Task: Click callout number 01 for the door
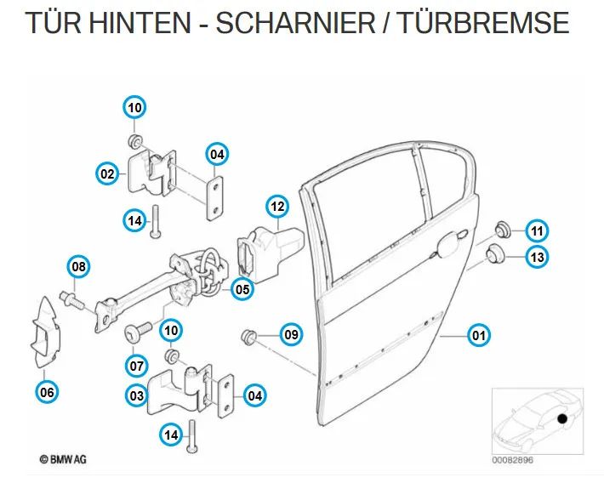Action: coord(480,335)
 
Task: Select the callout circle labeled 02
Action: coord(107,174)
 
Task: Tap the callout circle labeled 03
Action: coord(135,395)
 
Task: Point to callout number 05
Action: coord(242,289)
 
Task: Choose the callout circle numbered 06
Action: coord(48,392)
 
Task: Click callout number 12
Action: coord(277,206)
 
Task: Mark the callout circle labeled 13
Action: coord(536,256)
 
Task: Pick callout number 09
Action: coord(291,335)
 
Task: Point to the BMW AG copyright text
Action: coord(63,460)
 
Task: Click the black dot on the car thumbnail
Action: coord(561,419)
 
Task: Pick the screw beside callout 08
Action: coord(70,299)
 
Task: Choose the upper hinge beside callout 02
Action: coord(152,176)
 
